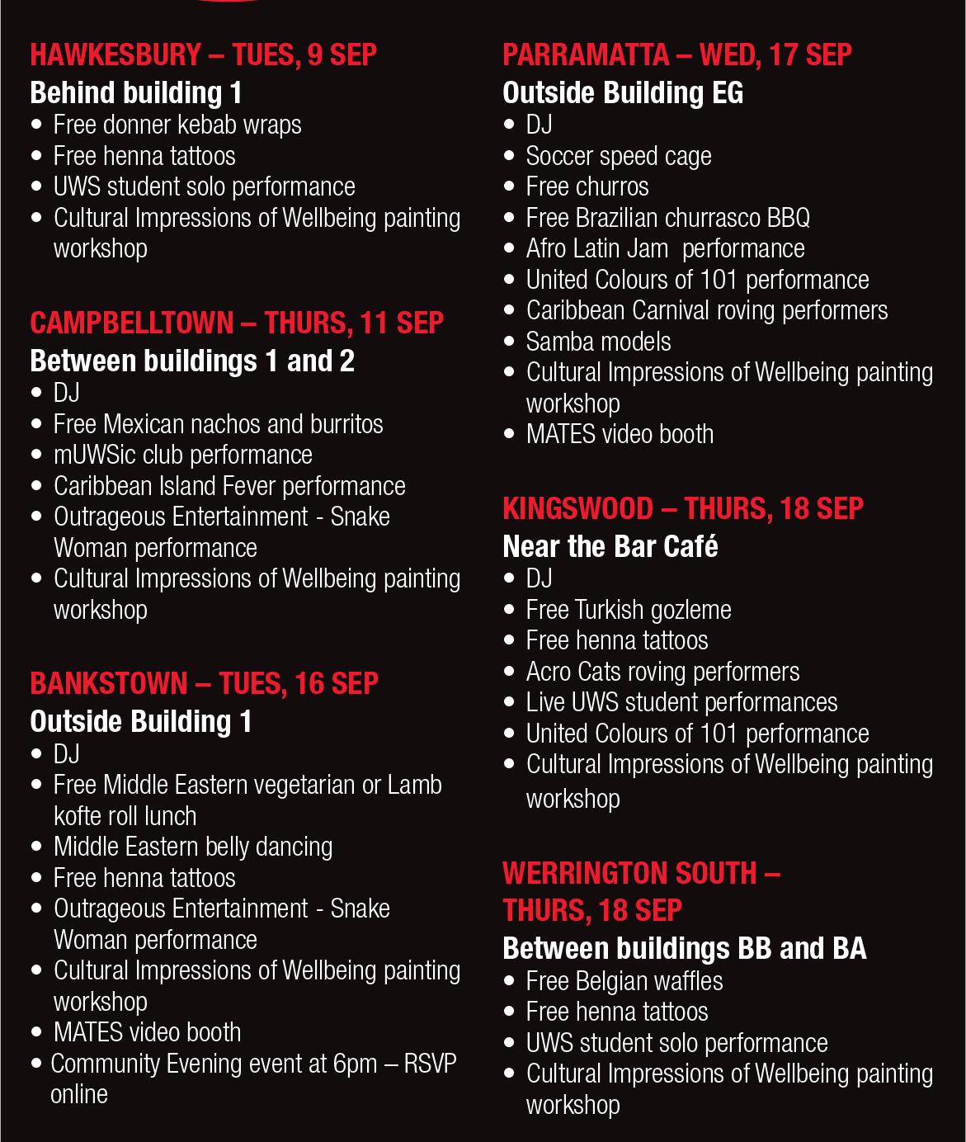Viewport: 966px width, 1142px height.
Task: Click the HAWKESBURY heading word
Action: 115,55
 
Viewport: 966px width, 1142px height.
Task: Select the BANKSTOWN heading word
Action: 109,684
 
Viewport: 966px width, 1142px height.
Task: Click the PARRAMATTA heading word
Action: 586,55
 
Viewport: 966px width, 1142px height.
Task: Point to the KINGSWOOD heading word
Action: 577,508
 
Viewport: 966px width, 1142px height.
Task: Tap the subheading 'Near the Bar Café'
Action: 610,546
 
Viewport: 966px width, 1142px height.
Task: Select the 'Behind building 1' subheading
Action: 136,92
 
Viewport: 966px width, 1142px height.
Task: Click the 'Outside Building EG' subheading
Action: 623,92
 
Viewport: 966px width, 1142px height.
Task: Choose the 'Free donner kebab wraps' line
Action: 177,125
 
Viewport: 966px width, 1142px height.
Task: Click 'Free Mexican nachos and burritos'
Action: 219,424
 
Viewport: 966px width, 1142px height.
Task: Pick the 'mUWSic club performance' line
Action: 183,455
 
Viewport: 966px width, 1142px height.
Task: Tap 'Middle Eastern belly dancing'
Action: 193,847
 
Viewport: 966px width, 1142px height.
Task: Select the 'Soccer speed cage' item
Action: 619,156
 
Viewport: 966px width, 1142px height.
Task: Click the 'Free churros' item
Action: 587,187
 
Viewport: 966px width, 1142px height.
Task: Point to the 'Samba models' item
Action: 598,342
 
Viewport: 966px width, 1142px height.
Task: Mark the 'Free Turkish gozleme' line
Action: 629,610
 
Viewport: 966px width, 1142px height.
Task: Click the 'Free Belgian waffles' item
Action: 624,981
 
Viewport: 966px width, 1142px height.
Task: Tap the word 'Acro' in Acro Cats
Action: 549,672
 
